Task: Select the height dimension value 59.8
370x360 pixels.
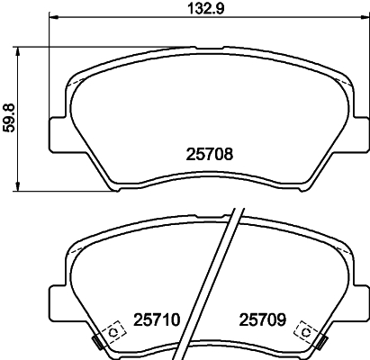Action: pyautogui.click(x=9, y=117)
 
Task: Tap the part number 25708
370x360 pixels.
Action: pyautogui.click(x=210, y=154)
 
